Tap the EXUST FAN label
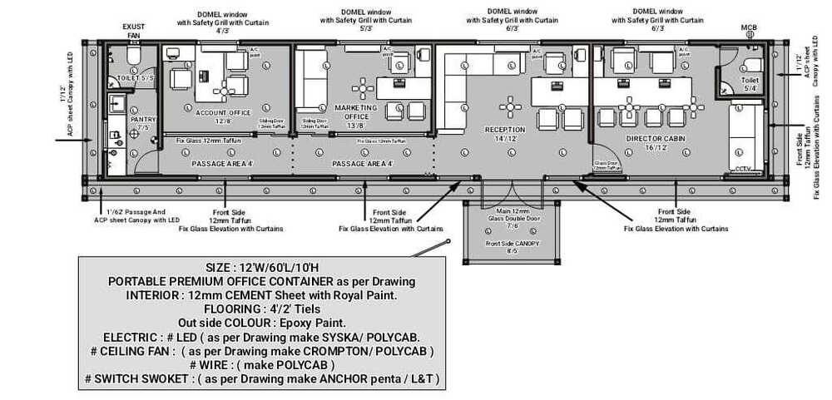pos(133,31)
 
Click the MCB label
pos(749,28)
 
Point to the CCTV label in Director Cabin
pos(743,169)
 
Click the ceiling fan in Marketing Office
pos(363,87)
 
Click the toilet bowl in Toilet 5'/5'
pos(131,57)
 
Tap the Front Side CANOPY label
pos(513,247)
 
